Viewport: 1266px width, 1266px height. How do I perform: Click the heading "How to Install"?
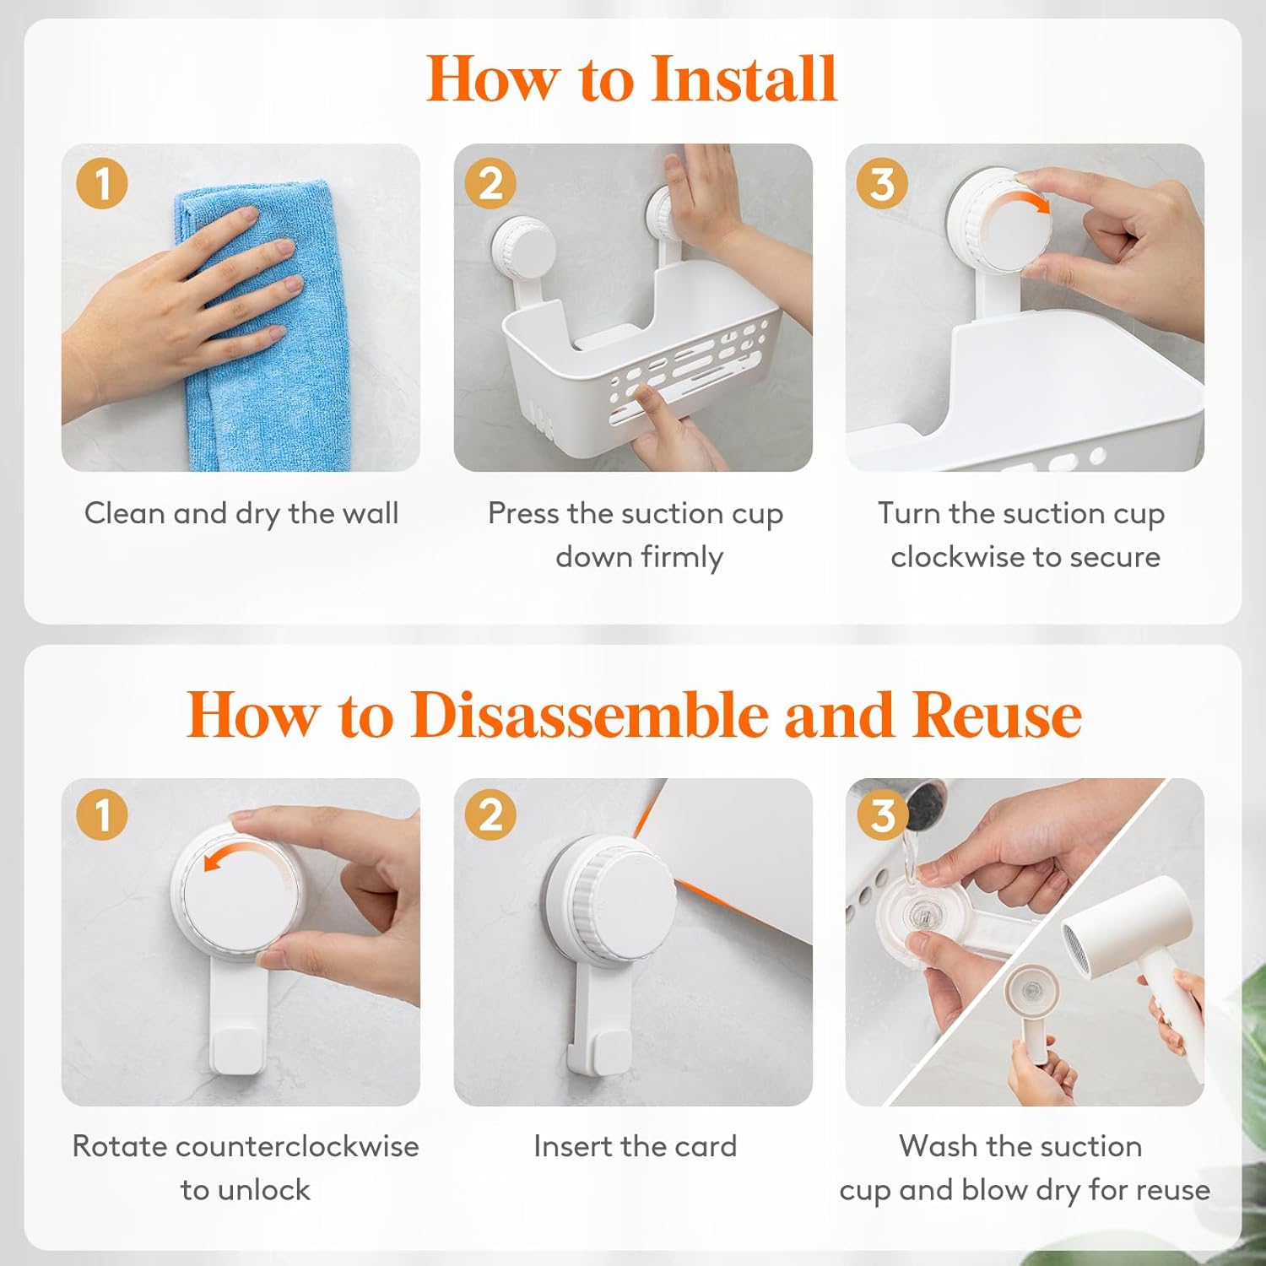tap(631, 78)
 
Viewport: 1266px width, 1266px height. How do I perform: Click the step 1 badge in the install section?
tap(102, 184)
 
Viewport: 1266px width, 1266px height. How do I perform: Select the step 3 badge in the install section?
tap(882, 184)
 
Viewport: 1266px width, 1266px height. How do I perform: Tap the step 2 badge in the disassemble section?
tap(490, 815)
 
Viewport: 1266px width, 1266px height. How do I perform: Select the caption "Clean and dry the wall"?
tap(241, 514)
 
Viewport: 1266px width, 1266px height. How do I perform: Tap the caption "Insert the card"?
tap(636, 1146)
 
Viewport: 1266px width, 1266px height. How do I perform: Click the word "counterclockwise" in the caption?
tap(298, 1146)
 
